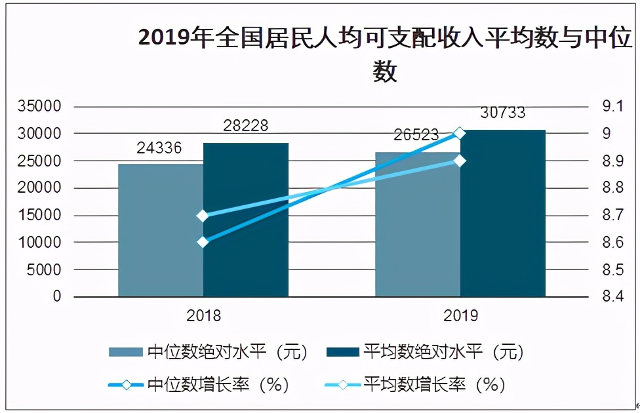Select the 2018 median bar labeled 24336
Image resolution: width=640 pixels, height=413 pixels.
161,229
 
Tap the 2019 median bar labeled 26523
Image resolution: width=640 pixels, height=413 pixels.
418,226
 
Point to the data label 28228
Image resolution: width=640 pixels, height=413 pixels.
244,126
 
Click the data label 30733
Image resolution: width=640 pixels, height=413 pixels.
502,113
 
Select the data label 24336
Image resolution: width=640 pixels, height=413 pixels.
159,147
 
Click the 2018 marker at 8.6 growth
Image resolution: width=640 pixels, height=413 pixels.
203,242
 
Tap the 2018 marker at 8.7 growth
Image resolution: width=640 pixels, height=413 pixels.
203,216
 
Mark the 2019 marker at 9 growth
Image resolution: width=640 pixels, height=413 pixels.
460,133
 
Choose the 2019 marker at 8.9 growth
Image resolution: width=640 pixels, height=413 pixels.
460,161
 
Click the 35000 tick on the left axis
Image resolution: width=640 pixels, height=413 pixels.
39,106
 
